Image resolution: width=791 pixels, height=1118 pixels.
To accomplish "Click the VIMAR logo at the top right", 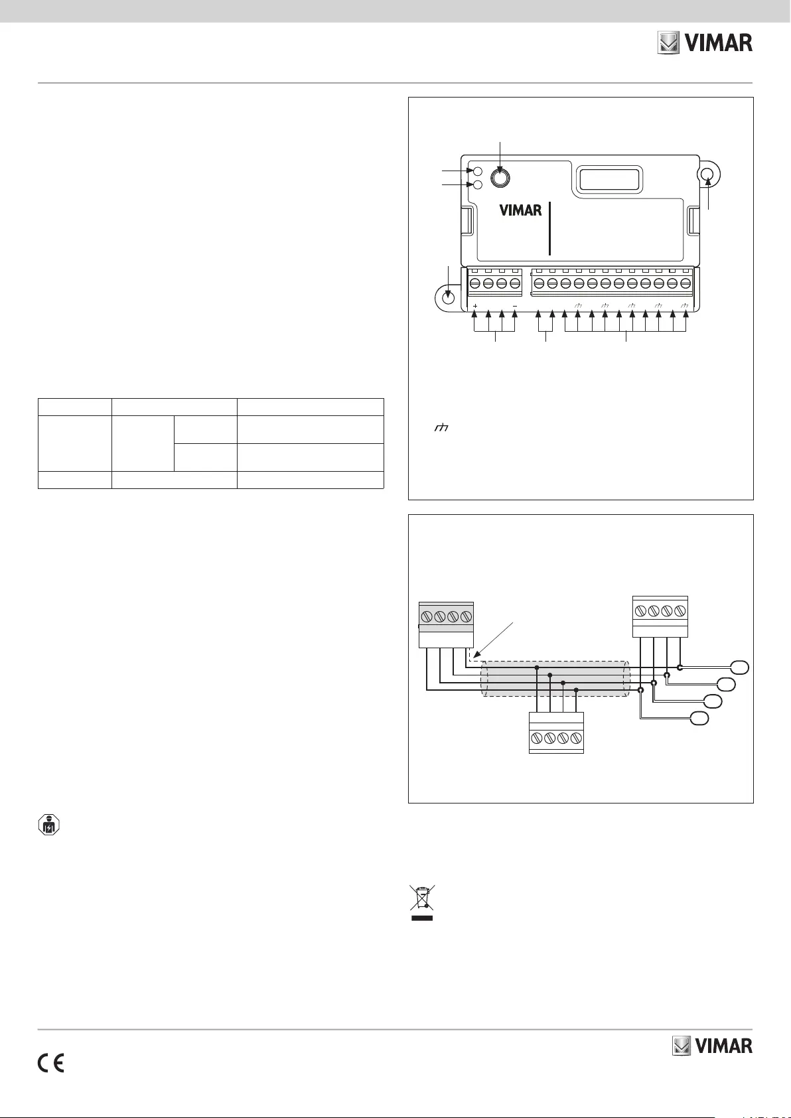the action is coord(705,43).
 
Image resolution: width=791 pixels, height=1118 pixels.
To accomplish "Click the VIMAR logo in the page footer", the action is coord(713,1046).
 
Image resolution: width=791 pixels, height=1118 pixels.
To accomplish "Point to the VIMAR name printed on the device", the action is coord(520,210).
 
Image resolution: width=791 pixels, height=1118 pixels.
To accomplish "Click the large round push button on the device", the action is coord(500,177).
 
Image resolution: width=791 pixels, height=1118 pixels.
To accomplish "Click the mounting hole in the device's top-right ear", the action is coord(708,175).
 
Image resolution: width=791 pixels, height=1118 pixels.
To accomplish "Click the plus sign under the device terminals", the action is coord(476,307).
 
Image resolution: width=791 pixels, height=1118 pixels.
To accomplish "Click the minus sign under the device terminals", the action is coord(515,307).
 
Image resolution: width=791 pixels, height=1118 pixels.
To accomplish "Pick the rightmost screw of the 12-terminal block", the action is coord(685,283).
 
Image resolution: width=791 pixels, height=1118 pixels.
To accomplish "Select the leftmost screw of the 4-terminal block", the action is coord(475,283).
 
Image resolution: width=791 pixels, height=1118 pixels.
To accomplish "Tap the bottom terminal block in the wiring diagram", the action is coord(556,733).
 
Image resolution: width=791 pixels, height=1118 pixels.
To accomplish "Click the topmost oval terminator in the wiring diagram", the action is coord(741,667).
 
